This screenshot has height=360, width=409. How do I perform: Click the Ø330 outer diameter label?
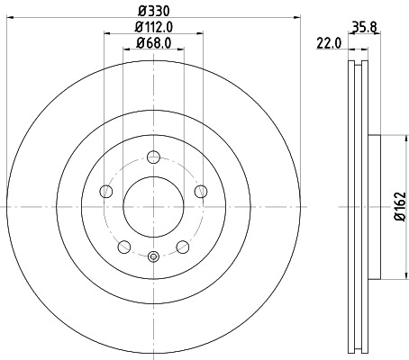153,12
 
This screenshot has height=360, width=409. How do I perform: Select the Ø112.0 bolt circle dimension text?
153,27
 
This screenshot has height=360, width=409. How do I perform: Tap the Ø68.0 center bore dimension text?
153,42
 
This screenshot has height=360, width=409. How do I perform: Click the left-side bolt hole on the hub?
105,191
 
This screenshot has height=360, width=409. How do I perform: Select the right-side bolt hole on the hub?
201,191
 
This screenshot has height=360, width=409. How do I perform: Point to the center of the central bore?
153,206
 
